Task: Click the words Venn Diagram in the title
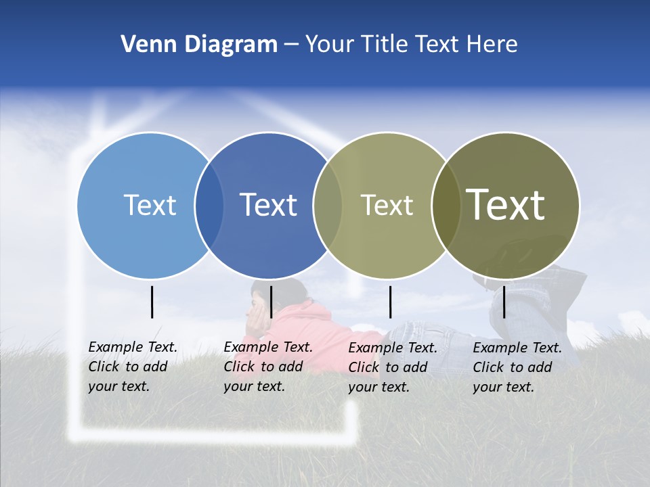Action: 199,45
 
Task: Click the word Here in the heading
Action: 492,45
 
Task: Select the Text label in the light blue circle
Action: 150,205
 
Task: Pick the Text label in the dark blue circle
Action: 268,205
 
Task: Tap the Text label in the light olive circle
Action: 387,205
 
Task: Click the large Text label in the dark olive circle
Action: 506,204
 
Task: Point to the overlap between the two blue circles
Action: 209,205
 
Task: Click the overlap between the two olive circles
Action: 446,205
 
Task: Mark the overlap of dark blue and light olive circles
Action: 328,205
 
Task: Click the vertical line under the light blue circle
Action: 152,302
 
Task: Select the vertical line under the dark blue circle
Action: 271,302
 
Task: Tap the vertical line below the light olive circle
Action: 390,302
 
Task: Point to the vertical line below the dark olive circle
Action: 504,302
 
